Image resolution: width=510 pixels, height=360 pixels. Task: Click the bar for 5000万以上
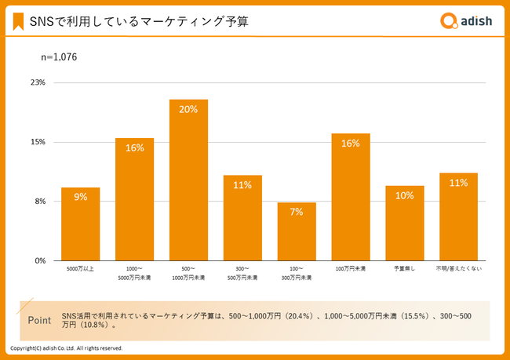[81, 224]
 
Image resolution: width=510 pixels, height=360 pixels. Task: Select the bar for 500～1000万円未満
[188, 180]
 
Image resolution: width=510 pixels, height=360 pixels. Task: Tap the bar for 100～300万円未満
[297, 231]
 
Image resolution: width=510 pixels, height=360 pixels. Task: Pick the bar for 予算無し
[404, 224]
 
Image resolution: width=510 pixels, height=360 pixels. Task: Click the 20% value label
[188, 110]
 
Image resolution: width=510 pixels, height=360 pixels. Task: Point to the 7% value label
[297, 213]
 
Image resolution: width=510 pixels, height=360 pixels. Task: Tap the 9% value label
[81, 198]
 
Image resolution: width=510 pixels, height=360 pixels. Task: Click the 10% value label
[404, 196]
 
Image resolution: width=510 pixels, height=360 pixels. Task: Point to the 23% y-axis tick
[38, 82]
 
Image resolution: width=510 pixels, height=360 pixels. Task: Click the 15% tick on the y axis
[38, 142]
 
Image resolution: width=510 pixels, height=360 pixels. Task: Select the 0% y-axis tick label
[40, 260]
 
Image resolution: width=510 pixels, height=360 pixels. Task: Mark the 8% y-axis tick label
[40, 202]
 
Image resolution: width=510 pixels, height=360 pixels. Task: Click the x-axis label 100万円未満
[350, 270]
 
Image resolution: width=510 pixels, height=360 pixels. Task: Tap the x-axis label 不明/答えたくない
[458, 270]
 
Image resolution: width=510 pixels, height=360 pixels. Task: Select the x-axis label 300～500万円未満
[242, 274]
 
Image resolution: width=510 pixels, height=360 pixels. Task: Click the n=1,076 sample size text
[59, 56]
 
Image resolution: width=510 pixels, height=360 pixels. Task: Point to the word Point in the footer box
[39, 320]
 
